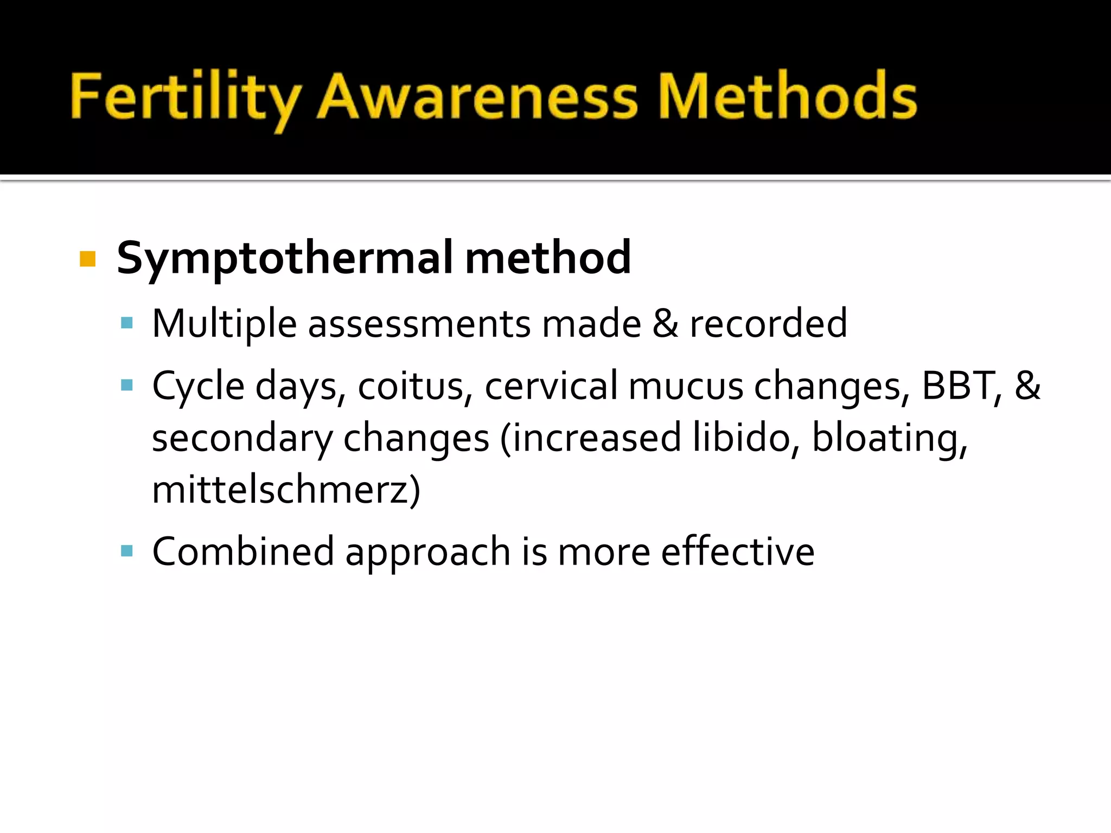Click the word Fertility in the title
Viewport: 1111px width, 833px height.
click(184, 98)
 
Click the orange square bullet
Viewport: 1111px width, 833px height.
click(87, 259)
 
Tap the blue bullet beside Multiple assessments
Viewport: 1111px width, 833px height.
click(127, 324)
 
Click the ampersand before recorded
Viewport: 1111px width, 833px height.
click(665, 324)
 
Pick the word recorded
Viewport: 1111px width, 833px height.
click(768, 324)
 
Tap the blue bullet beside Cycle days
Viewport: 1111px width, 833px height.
click(127, 386)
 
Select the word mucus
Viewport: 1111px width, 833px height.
click(686, 386)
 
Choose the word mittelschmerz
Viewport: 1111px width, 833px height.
click(279, 490)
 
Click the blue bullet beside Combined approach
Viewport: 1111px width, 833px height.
click(127, 552)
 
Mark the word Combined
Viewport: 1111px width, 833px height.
click(243, 552)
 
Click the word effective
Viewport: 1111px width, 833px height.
click(738, 552)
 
